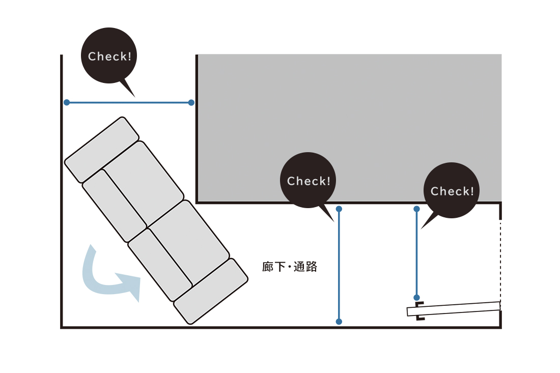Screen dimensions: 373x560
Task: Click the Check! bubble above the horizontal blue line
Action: pyautogui.click(x=109, y=56)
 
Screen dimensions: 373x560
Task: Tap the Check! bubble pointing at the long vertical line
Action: pyautogui.click(x=309, y=181)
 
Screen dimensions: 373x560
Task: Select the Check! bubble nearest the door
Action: pyautogui.click(x=452, y=191)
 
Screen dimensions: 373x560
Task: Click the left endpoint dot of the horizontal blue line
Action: pyautogui.click(x=67, y=102)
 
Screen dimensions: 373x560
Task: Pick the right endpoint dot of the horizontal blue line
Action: pyautogui.click(x=191, y=102)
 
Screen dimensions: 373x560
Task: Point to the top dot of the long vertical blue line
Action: pyautogui.click(x=339, y=209)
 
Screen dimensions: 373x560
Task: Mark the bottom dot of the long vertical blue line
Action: pyautogui.click(x=339, y=322)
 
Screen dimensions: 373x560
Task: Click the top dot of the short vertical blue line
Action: pyautogui.click(x=416, y=209)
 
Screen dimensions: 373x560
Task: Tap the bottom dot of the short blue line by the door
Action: pyautogui.click(x=416, y=297)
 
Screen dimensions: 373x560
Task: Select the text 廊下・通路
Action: pyautogui.click(x=290, y=267)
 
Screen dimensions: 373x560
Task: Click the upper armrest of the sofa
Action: pyautogui.click(x=102, y=149)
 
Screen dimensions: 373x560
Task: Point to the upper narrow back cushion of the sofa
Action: pyautogui.click(x=114, y=205)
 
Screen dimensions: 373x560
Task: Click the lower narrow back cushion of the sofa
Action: pyautogui.click(x=159, y=264)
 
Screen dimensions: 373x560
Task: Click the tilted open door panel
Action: pyautogui.click(x=453, y=308)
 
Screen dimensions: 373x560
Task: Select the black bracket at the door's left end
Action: pyautogui.click(x=419, y=311)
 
